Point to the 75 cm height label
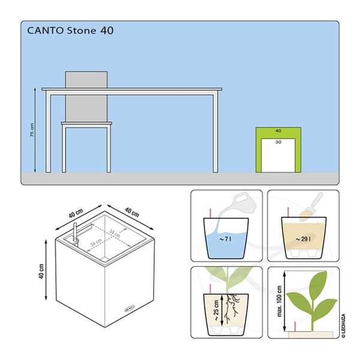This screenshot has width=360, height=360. tap(32, 130)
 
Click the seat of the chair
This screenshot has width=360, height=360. tap(86, 124)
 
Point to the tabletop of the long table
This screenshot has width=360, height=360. tap(132, 90)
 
